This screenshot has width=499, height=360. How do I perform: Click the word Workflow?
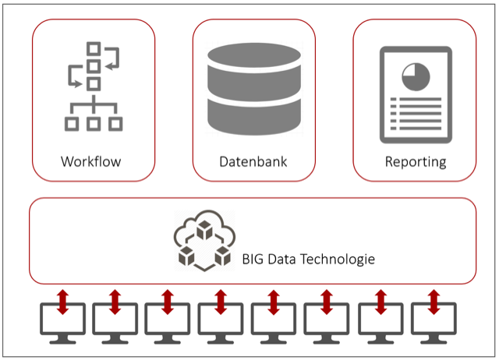[x=91, y=161]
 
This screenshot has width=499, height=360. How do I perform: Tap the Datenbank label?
[x=253, y=161]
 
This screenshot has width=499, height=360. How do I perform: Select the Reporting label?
[x=416, y=162]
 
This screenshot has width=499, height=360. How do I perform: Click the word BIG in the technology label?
[x=253, y=259]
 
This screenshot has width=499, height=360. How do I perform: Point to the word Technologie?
[x=338, y=259]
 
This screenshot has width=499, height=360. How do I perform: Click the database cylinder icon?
[x=254, y=89]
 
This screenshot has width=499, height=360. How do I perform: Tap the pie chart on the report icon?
[x=416, y=76]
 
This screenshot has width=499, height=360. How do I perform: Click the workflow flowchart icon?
[x=94, y=86]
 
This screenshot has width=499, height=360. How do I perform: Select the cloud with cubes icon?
[x=204, y=241]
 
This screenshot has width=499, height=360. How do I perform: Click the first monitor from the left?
[x=62, y=323]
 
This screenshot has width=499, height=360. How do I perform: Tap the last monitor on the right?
[x=434, y=323]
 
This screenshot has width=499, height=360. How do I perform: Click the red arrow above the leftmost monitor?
[x=62, y=302]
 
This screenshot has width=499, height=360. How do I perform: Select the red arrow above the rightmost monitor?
[x=434, y=302]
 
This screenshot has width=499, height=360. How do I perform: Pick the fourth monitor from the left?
[x=221, y=323]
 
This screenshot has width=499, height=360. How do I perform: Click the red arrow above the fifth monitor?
[x=274, y=302]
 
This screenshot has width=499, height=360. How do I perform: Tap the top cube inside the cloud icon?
[x=204, y=230]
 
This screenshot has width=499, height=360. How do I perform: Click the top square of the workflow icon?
[x=94, y=49]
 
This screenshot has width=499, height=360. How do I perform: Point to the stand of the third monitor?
[x=168, y=339]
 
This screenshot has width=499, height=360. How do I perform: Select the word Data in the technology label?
[x=282, y=259]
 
